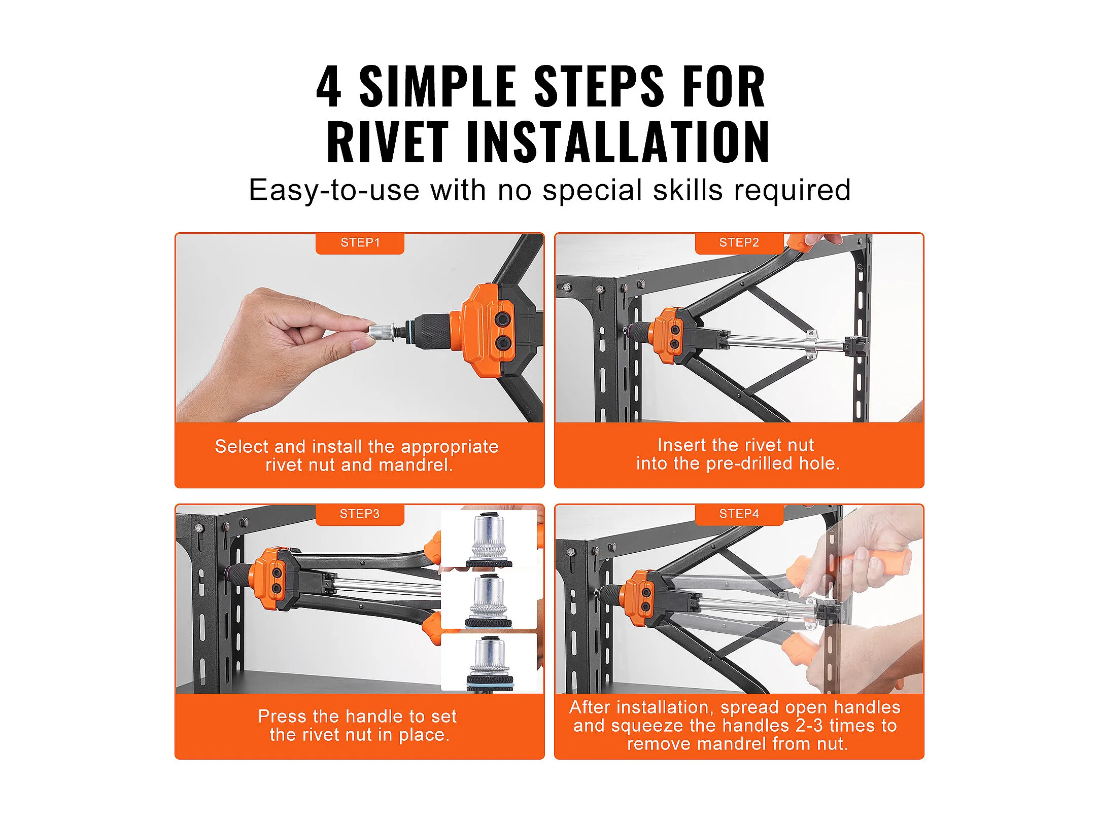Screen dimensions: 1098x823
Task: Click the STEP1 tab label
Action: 360,242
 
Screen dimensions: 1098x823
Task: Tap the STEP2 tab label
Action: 739,242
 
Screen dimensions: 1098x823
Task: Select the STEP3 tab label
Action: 360,514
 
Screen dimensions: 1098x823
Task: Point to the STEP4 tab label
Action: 739,514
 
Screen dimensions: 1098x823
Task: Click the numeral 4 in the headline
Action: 329,87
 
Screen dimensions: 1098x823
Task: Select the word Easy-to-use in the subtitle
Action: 334,191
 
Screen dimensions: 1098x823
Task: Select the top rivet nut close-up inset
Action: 489,539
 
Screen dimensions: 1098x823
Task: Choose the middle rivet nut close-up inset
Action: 489,600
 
